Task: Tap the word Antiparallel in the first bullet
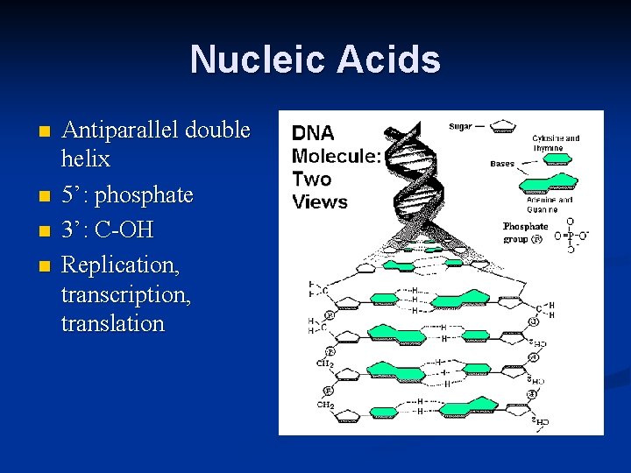click(x=117, y=131)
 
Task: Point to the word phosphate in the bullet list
click(x=143, y=194)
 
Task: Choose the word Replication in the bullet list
click(x=117, y=264)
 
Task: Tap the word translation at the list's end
click(x=113, y=323)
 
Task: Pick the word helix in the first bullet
click(x=86, y=159)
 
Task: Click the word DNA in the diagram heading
click(x=313, y=134)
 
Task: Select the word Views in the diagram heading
click(x=320, y=201)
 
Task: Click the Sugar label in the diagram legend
click(x=460, y=127)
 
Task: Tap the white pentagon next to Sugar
click(x=502, y=126)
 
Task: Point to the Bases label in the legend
click(x=502, y=164)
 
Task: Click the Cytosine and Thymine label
click(x=556, y=143)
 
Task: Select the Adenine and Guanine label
click(x=550, y=203)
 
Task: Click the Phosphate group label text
click(x=525, y=232)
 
